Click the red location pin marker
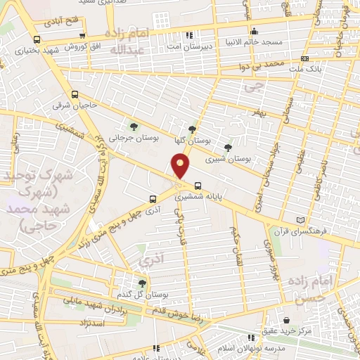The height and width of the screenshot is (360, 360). click(181, 167)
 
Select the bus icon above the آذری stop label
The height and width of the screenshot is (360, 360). click(153, 200)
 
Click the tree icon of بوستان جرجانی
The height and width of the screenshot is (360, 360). click(134, 127)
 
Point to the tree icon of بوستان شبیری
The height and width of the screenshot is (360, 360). click(226, 148)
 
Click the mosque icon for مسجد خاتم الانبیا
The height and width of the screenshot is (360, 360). click(254, 32)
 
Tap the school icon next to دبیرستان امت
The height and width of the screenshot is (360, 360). click(189, 35)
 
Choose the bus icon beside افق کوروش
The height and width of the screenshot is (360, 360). click(83, 37)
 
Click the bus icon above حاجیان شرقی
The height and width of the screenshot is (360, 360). click(75, 94)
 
